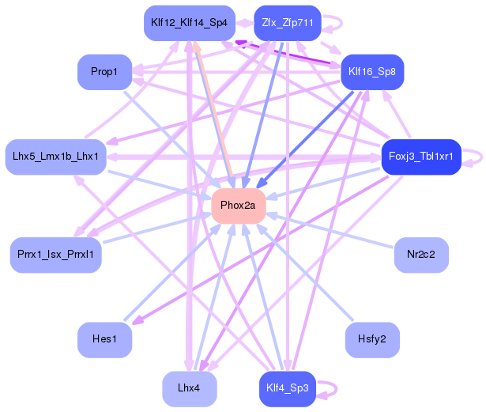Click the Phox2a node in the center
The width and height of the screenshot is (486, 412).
[239, 206]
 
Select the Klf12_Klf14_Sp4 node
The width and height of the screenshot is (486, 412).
[190, 23]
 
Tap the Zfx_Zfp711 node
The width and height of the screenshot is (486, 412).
[288, 23]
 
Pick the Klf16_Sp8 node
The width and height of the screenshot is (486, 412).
[372, 72]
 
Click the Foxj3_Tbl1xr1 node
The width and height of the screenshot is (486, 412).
[421, 157]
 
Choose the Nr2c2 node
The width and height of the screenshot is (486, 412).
[421, 255]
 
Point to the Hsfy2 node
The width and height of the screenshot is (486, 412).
[372, 340]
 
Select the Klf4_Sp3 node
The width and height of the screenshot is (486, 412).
[288, 389]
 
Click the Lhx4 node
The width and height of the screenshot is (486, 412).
[190, 389]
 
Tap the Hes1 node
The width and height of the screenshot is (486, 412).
[105, 340]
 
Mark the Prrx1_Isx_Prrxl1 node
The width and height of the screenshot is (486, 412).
[56, 255]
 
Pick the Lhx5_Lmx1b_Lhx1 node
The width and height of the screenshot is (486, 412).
[56, 157]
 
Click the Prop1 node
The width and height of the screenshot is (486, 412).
[105, 72]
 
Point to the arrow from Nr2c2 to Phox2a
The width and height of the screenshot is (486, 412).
[330, 230]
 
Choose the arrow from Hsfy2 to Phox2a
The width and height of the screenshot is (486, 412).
[305, 272]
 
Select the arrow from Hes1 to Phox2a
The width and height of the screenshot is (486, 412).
[172, 272]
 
